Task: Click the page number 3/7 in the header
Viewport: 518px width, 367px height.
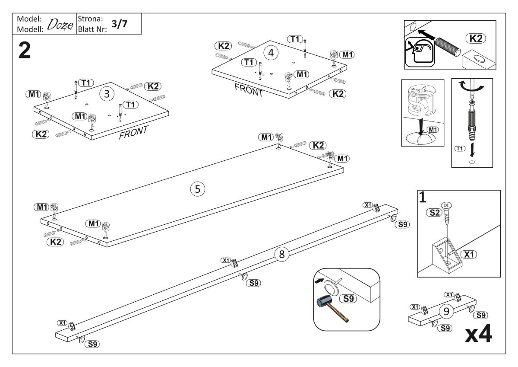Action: click(119, 24)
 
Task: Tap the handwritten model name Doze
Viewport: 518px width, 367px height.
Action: click(60, 25)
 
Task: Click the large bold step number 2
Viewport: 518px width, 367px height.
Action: click(24, 51)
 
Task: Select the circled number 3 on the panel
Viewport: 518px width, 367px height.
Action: click(107, 94)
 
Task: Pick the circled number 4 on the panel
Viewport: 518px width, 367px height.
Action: click(271, 53)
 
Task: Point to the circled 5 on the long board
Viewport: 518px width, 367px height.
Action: click(198, 189)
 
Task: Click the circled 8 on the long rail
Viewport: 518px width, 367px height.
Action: click(281, 254)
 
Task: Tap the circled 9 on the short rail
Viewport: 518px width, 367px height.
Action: click(446, 311)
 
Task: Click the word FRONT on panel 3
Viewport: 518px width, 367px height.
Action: click(133, 132)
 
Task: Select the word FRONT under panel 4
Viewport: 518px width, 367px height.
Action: click(249, 90)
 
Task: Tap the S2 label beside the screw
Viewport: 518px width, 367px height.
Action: click(434, 212)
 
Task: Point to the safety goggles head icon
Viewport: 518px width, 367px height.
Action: click(420, 52)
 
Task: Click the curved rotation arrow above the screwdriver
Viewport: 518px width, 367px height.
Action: click(471, 86)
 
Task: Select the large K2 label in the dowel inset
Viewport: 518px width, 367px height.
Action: click(476, 38)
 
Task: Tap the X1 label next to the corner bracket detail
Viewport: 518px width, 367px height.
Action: click(469, 255)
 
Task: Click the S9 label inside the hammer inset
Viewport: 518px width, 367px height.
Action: click(348, 299)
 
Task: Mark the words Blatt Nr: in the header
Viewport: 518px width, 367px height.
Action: click(92, 30)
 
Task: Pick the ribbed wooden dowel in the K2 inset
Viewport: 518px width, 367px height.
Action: click(448, 47)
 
